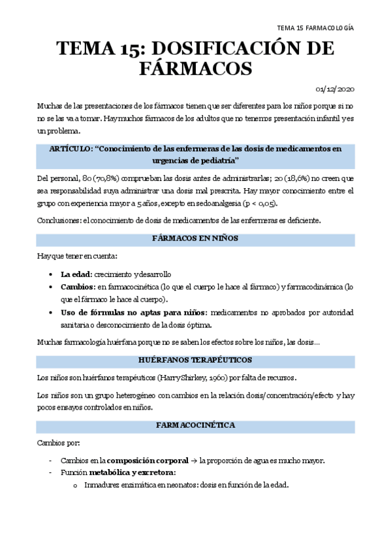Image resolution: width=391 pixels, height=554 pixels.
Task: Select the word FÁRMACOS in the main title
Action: tap(195, 69)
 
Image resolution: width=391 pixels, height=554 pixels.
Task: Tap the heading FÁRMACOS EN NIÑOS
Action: tap(195, 238)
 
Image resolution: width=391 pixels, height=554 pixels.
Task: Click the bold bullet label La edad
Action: tap(76, 274)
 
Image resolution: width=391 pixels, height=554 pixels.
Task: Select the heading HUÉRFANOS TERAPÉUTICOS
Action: tap(195, 360)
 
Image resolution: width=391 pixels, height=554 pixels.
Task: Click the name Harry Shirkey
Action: tap(176, 378)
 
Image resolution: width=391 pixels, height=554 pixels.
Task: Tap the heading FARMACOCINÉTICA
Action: tap(195, 425)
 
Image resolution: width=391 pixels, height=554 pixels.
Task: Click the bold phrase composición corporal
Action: tap(142, 461)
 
